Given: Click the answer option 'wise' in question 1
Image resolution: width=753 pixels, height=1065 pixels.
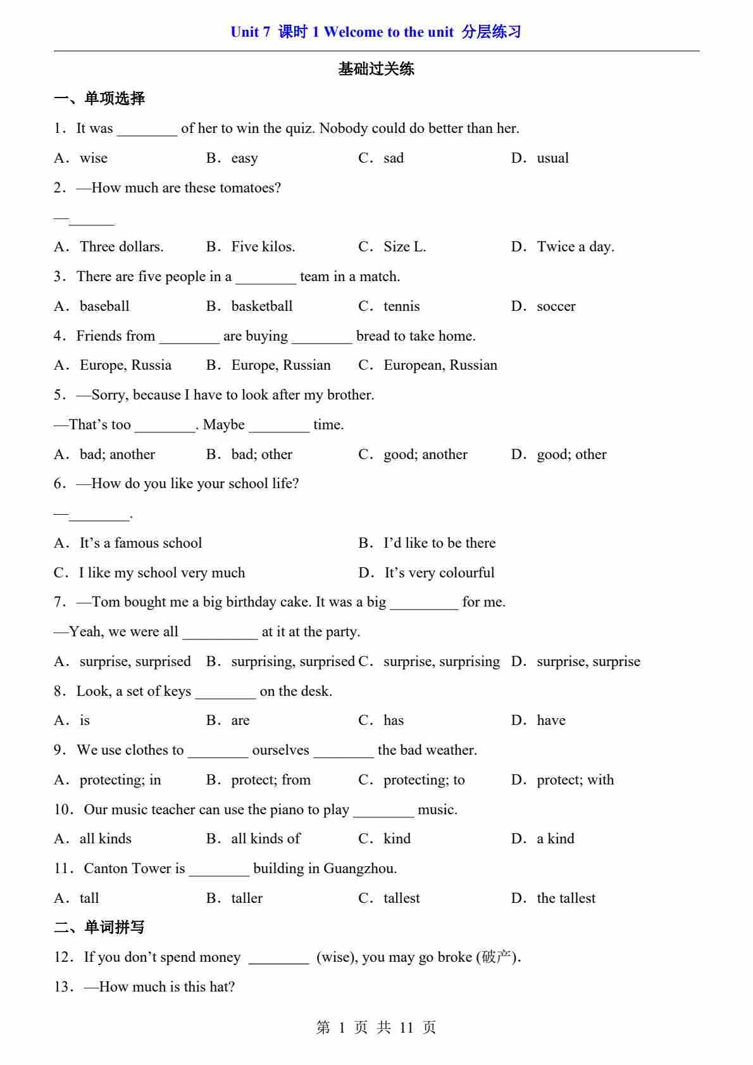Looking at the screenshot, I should (93, 158).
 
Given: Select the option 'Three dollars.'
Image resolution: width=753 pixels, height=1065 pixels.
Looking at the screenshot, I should (121, 247).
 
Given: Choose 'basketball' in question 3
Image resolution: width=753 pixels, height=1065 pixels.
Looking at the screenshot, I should (261, 306).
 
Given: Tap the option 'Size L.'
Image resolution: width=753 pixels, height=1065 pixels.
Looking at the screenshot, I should (404, 247).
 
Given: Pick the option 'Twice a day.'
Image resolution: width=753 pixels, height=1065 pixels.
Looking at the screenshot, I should (575, 247).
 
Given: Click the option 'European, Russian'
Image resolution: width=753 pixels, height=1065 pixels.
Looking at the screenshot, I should (440, 365).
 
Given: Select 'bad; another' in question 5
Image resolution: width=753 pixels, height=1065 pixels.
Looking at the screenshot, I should (117, 455).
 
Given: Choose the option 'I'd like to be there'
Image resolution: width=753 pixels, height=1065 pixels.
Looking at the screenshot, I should (439, 543).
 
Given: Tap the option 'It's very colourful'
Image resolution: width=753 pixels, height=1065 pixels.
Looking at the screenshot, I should (439, 573).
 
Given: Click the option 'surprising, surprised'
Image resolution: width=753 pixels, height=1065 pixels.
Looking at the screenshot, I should (292, 662).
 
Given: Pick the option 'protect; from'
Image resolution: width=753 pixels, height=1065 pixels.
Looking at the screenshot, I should (271, 780).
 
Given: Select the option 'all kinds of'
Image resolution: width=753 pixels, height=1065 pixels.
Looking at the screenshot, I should (266, 839).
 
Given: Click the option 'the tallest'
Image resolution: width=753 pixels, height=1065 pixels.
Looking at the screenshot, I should (566, 898).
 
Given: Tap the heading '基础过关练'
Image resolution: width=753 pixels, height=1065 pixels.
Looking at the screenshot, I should (376, 69).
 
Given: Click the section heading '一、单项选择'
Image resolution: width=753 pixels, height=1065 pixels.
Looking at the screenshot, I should (99, 99).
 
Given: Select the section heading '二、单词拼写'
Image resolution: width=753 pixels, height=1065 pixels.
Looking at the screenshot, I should (99, 928).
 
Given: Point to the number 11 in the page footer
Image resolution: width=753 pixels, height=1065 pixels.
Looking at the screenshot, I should (406, 1028).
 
